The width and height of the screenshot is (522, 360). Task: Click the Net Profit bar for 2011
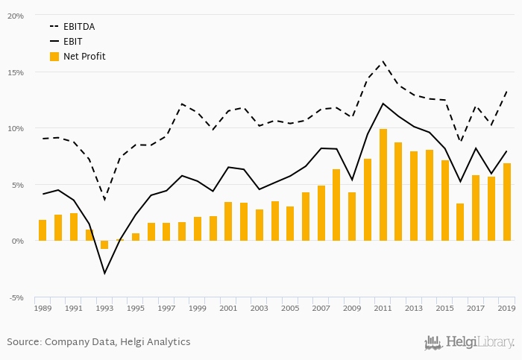pos(383,185)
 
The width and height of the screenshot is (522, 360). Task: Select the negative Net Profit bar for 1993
pos(104,244)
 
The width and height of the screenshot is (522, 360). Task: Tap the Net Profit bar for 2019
pos(507,202)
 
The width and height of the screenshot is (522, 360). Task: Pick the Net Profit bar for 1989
pos(43,230)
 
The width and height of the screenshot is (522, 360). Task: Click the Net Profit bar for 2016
pos(460,222)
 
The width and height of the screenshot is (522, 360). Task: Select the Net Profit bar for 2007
pos(321,213)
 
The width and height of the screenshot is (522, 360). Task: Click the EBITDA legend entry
pos(78,26)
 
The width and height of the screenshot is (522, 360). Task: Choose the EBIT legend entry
pos(73,41)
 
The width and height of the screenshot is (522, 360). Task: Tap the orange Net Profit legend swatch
pos(54,56)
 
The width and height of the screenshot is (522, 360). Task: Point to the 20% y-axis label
pos(16,16)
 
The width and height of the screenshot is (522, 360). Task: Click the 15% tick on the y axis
pos(16,72)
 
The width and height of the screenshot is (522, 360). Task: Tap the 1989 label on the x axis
pos(43,308)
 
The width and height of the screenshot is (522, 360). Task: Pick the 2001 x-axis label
pos(228,308)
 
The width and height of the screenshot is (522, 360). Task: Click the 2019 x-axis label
pos(507,308)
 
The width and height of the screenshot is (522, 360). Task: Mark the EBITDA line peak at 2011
pos(383,61)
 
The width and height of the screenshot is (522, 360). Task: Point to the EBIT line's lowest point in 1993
pos(104,274)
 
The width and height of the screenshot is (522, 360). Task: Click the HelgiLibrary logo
pos(469,343)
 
